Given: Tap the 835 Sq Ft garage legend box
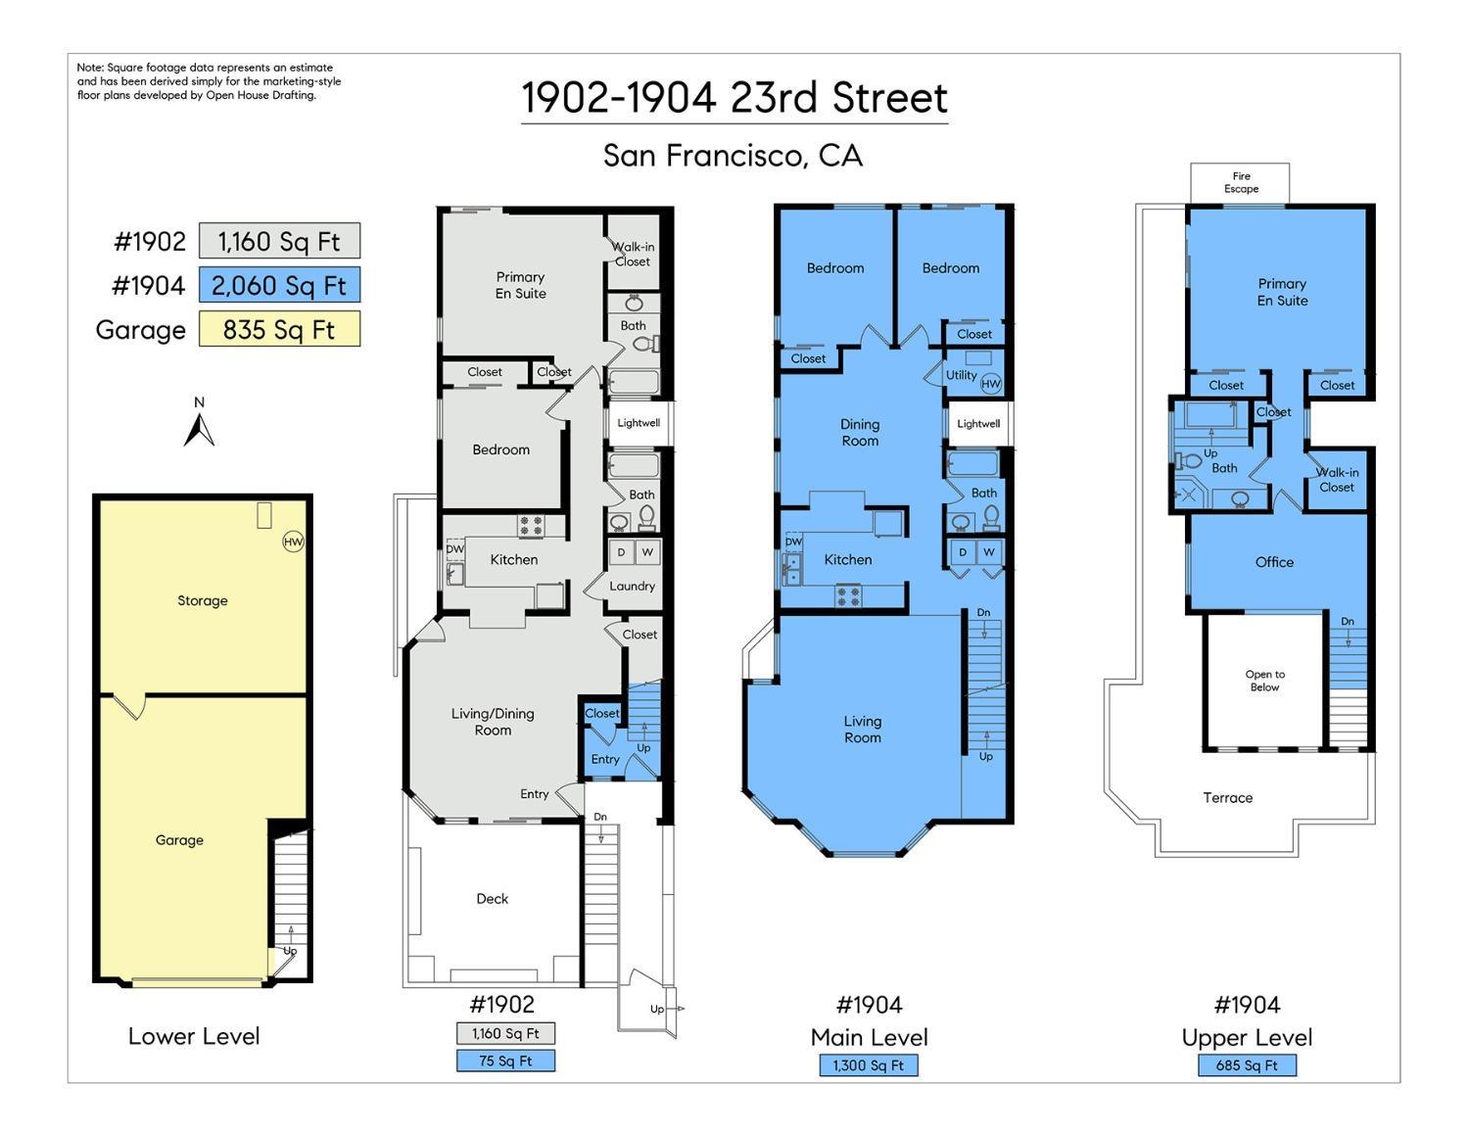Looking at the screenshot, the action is [x=279, y=329].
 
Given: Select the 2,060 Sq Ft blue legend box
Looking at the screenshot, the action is [x=279, y=285].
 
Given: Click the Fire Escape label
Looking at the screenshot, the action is [x=1241, y=182].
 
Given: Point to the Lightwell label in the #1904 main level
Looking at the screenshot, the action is [x=978, y=424].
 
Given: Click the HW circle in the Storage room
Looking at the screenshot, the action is [x=293, y=542].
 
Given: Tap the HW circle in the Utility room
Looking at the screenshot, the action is [x=990, y=384].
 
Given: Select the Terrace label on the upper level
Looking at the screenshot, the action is [x=1228, y=798].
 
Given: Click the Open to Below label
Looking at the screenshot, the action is [x=1265, y=681].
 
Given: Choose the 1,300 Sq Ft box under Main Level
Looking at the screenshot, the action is [x=869, y=1065].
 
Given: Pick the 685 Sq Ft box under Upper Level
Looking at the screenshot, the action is [x=1248, y=1065].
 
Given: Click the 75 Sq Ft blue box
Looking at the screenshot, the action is [x=505, y=1061].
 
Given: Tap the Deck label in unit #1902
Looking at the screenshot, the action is [x=493, y=898].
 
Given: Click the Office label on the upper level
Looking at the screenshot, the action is [x=1274, y=562].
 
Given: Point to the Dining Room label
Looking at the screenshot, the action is [x=860, y=433].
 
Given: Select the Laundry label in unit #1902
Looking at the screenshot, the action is [x=632, y=586].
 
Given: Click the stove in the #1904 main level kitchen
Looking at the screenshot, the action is [x=848, y=596].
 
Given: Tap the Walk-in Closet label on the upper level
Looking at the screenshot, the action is [x=1337, y=479].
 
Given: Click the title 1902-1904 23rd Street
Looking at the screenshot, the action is [x=734, y=97].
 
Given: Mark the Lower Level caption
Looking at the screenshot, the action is [x=194, y=1036].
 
